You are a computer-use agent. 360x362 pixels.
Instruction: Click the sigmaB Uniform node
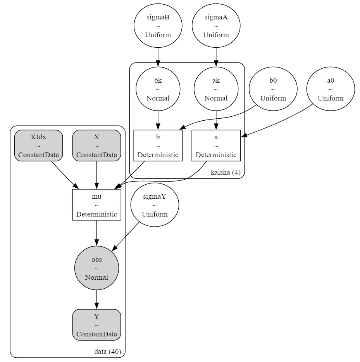point(158,26)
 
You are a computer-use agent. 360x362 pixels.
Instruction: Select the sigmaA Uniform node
point(216,26)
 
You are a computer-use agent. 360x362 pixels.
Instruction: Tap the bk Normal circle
point(158,89)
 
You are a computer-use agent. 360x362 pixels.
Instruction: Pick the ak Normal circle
point(216,89)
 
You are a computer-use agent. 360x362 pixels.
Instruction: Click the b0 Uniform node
point(273,89)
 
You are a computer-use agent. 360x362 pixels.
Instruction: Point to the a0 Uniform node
point(331,89)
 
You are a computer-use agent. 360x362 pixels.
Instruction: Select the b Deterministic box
point(158,145)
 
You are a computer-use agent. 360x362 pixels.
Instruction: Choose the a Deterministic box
point(216,145)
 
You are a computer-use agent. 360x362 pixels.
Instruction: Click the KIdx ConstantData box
point(38,145)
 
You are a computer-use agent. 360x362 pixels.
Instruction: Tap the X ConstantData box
point(96,145)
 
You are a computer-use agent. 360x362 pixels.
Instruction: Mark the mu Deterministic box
point(96,205)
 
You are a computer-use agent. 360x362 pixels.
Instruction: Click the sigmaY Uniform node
point(155,205)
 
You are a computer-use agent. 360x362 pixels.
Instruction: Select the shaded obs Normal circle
point(96,268)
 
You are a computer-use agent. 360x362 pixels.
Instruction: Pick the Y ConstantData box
point(96,325)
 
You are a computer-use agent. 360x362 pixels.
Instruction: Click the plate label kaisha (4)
point(226,172)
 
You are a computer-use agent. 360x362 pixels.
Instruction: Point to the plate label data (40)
point(108,352)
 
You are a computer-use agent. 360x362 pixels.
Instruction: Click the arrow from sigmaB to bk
point(158,57)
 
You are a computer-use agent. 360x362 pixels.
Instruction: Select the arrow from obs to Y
point(96,300)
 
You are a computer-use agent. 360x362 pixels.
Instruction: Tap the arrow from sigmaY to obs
point(126,236)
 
